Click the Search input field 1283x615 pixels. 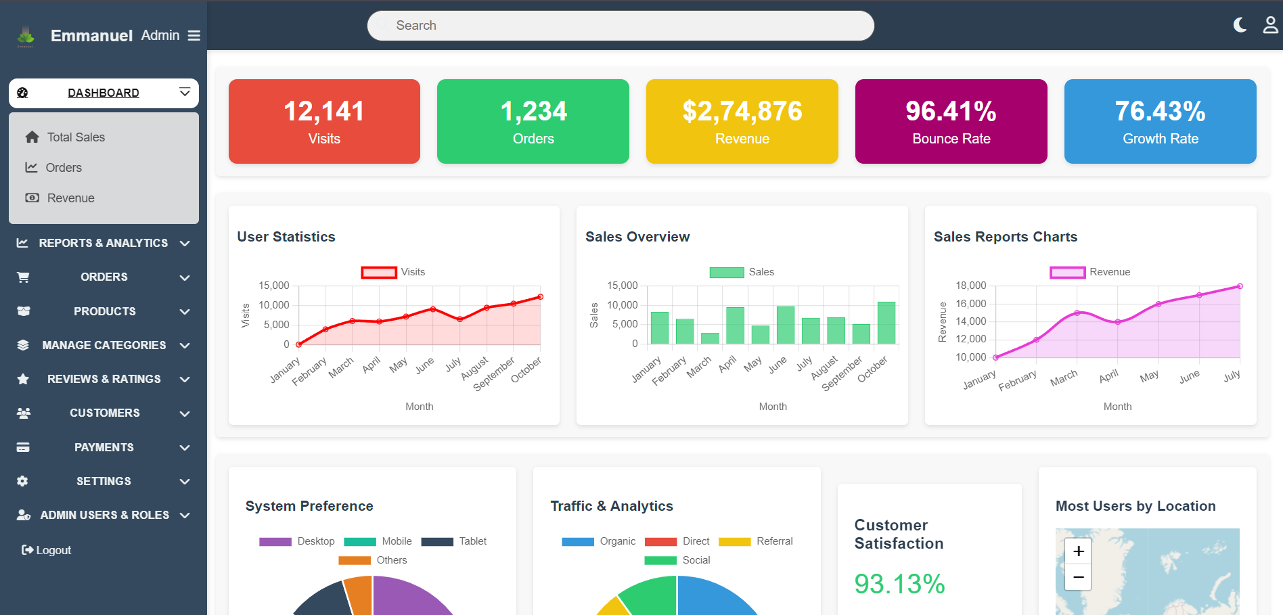click(620, 26)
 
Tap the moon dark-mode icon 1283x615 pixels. click(1240, 25)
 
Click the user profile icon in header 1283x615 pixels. click(1270, 25)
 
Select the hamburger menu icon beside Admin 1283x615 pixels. click(194, 36)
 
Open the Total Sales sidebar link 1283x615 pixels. click(76, 137)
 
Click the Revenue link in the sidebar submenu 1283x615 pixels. click(70, 198)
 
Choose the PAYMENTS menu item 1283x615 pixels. click(104, 447)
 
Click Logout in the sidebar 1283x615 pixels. click(47, 550)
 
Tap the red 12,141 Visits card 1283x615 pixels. click(324, 121)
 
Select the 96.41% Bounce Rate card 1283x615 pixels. click(951, 121)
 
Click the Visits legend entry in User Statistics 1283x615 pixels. click(394, 272)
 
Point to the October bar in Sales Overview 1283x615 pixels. click(886, 323)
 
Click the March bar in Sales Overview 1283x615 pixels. click(710, 338)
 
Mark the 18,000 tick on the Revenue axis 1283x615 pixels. click(970, 286)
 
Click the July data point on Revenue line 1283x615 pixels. click(1240, 286)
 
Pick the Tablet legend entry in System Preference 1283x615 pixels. click(454, 541)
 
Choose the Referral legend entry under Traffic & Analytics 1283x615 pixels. click(756, 541)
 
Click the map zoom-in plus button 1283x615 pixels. click(1078, 551)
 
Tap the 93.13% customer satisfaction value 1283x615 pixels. click(899, 584)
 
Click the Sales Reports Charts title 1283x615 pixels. click(1005, 237)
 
